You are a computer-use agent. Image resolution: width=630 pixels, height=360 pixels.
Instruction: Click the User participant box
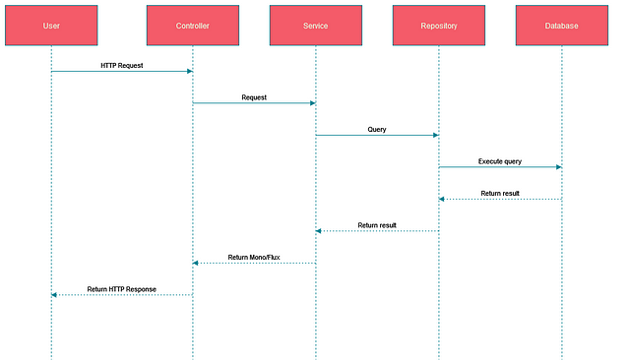tap(51, 25)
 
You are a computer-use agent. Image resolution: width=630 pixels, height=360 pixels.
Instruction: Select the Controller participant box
tap(193, 25)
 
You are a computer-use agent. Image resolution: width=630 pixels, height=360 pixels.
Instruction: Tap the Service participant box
tap(316, 25)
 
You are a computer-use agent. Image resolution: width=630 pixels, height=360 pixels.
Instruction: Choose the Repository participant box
tap(439, 25)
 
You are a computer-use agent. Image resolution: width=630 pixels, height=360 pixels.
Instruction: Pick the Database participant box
tap(562, 25)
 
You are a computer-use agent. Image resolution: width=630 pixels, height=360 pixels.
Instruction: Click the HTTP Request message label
tap(122, 65)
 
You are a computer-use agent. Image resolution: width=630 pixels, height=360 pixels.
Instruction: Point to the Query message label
tap(377, 129)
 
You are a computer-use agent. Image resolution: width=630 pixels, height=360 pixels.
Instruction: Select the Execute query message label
tap(500, 160)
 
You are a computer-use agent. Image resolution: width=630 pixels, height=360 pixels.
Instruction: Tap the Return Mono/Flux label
tap(254, 257)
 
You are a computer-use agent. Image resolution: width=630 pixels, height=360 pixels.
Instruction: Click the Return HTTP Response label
tap(122, 289)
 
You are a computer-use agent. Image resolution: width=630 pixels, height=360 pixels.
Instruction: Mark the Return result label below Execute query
tap(500, 193)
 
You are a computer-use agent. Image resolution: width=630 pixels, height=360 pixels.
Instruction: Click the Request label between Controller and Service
tap(254, 97)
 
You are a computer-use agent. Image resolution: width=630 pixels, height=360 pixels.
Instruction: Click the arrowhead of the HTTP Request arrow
tap(189, 71)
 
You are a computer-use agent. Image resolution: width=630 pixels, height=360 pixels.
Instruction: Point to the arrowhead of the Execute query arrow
tap(558, 167)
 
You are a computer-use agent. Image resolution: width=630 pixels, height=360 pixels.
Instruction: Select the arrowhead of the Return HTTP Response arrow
tap(55, 295)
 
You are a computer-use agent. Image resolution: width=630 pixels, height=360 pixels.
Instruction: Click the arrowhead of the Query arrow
tap(435, 135)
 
